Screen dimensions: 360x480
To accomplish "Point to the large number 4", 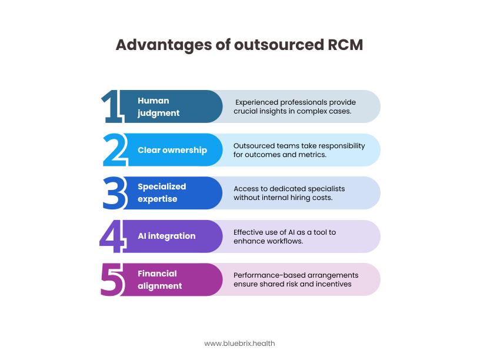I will point(113,236).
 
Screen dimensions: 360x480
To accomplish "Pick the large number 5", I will point(113,279).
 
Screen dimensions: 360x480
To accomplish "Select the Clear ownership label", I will point(172,150).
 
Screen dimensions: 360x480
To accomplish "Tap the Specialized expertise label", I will point(162,193).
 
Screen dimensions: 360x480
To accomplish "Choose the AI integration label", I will point(166,236).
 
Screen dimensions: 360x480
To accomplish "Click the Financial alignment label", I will point(160,279).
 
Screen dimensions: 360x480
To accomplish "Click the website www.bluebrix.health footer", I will point(239,343).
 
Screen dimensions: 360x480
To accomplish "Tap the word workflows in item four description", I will point(285,241).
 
